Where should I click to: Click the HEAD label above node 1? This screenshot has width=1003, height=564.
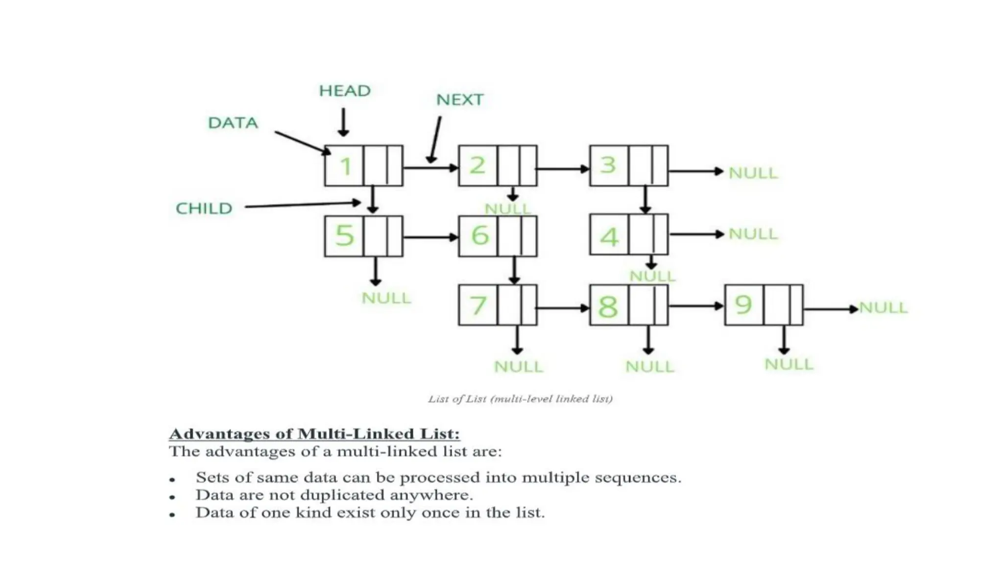[345, 91]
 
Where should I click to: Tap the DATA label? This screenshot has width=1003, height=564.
[233, 122]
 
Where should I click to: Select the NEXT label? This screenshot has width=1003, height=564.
[459, 99]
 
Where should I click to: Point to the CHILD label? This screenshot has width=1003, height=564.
[204, 208]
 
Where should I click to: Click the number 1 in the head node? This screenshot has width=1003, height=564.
[345, 166]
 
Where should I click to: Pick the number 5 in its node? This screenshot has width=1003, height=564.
[344, 235]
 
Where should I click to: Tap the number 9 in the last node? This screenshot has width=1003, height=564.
[743, 305]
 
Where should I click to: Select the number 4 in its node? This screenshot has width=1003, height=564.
[609, 237]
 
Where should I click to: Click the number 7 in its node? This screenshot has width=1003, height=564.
[478, 305]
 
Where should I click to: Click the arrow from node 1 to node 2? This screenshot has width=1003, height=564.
[430, 168]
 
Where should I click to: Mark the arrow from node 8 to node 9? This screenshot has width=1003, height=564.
[696, 306]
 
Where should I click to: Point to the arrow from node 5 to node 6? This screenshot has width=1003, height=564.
[430, 237]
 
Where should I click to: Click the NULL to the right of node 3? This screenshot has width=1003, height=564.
[753, 173]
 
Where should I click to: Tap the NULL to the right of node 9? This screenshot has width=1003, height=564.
[883, 307]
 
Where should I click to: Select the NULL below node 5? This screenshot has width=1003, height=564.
[386, 298]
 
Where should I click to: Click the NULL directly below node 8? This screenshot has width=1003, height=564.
[650, 366]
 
